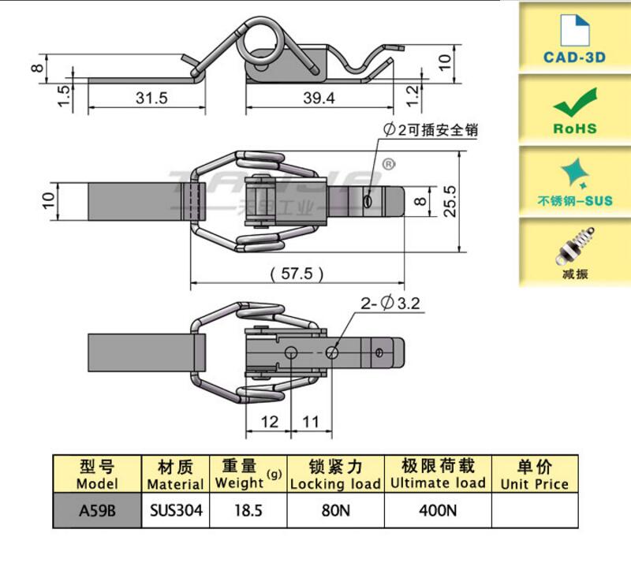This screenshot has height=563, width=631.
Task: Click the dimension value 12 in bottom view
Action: (x=270, y=422)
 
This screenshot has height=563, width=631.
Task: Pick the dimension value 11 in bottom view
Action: (x=311, y=422)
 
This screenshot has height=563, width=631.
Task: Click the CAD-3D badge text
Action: (x=574, y=57)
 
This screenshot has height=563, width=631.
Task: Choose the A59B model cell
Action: (x=97, y=510)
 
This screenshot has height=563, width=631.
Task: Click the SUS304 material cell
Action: (x=175, y=510)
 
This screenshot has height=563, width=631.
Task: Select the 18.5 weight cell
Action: (x=248, y=510)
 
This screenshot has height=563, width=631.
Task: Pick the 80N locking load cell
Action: (x=335, y=510)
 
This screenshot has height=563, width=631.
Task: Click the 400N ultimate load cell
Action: (x=438, y=510)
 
